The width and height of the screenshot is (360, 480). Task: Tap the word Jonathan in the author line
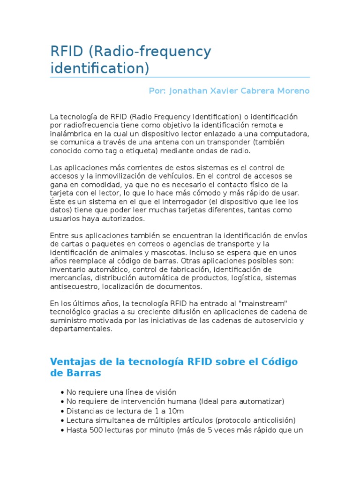(191, 90)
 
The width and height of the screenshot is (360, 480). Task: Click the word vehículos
(173, 176)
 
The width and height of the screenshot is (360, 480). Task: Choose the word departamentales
(81, 329)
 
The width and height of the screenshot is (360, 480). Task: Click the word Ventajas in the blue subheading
(72, 362)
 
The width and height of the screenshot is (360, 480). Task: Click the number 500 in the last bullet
(96, 429)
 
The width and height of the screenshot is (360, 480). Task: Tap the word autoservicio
(274, 320)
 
